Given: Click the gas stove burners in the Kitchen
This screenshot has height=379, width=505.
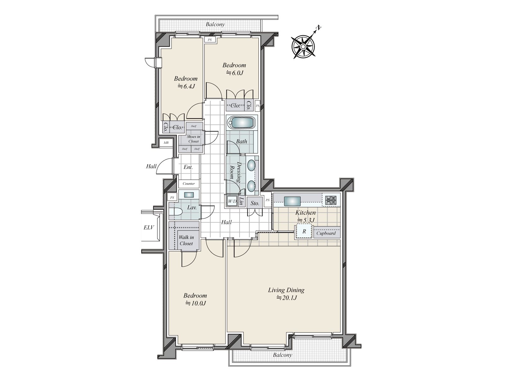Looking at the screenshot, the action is [x=331, y=200].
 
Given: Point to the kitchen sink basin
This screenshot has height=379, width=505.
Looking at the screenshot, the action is [x=292, y=201].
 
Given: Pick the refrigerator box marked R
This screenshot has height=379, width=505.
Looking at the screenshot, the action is [x=304, y=231].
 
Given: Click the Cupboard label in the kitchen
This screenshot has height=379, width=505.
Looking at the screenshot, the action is [x=326, y=233].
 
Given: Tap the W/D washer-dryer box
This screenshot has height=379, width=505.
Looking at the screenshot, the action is [x=232, y=202].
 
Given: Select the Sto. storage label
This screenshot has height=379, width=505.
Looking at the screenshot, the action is [x=255, y=203].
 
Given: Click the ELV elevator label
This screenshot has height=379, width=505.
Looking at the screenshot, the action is [x=149, y=227].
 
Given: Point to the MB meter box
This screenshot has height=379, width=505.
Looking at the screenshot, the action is [x=166, y=143].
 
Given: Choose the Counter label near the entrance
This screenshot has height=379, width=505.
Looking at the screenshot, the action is [x=189, y=183].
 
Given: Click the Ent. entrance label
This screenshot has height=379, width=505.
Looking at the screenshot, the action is [x=188, y=167].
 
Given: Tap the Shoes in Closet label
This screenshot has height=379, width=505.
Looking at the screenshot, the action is [x=193, y=139].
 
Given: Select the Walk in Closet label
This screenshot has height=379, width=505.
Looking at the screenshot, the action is [x=186, y=240].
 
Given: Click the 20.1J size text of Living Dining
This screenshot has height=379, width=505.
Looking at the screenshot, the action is [x=287, y=298].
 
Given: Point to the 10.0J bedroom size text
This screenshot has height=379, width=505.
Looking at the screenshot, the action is [x=195, y=303].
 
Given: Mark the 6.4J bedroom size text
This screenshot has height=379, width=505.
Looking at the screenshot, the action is [x=186, y=86].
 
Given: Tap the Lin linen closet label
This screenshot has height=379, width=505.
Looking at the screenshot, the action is [x=241, y=201].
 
